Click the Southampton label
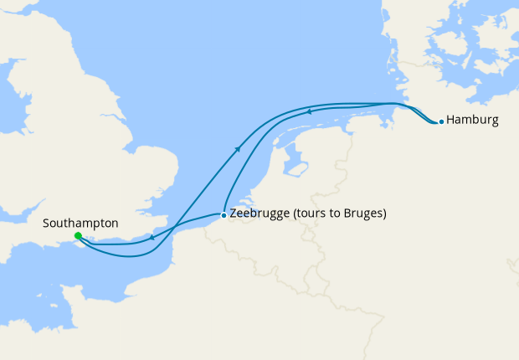pos(80,224)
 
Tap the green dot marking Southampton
pos(78,236)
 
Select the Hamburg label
pos(473,121)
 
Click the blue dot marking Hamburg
pos(441,121)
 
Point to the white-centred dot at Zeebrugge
pos(223,215)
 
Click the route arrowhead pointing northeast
pos(239,148)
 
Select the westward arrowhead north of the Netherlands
pos(309,111)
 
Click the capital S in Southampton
pos(46,224)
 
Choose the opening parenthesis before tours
pos(293,214)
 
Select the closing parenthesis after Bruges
pos(384,214)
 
